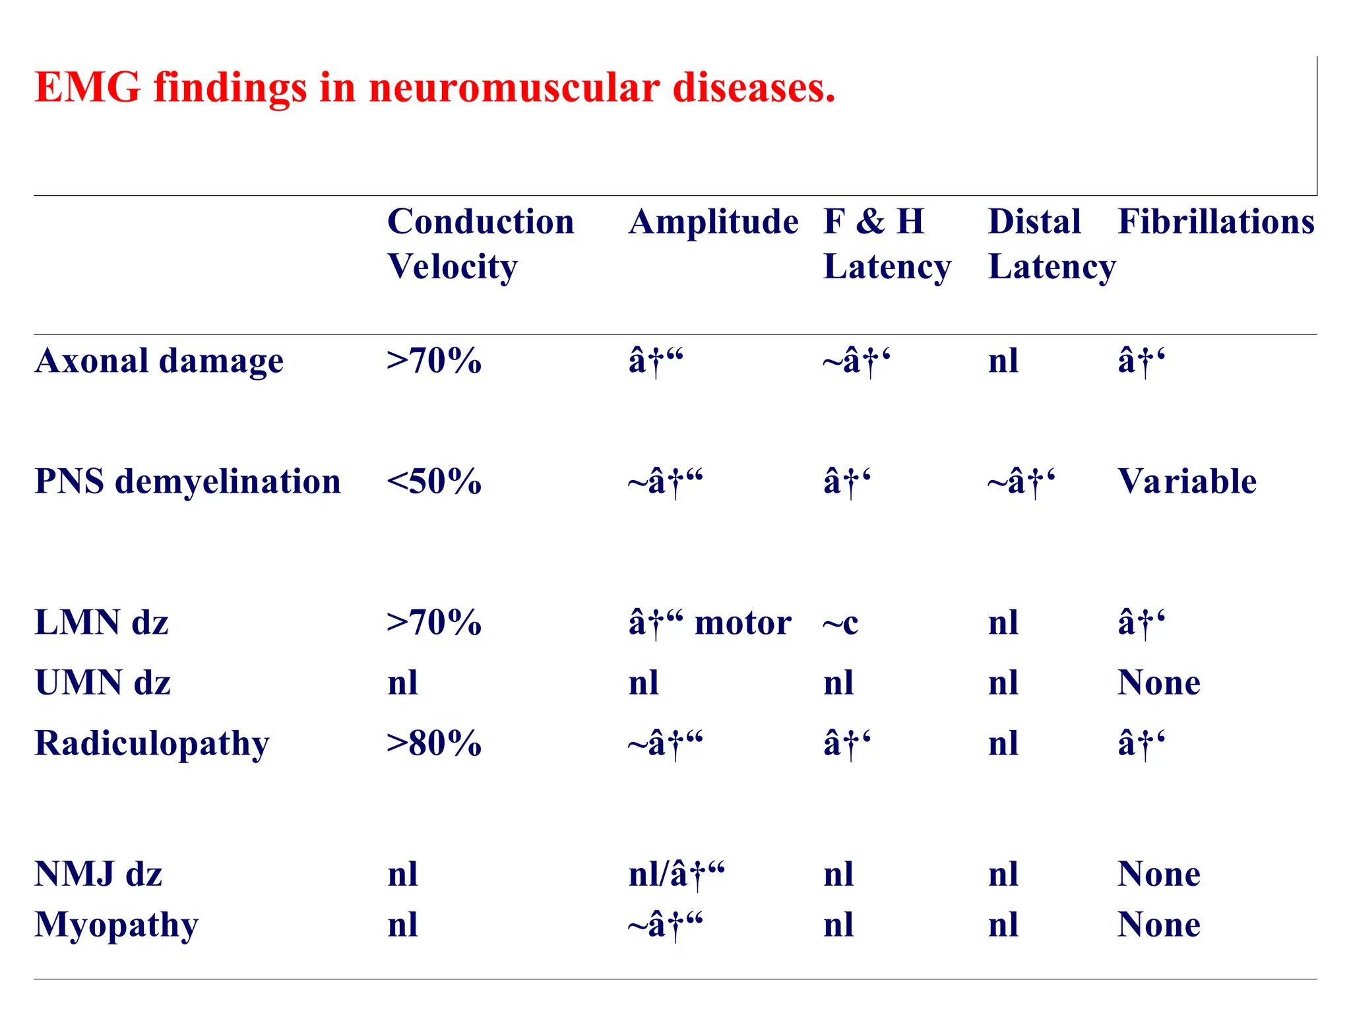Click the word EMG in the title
(x=87, y=87)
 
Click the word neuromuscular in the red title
(x=514, y=87)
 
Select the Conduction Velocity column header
(x=480, y=243)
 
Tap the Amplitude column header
(x=713, y=222)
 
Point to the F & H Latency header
(x=887, y=243)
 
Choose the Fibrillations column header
(x=1216, y=222)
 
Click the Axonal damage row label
(x=159, y=361)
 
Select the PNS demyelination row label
(x=187, y=481)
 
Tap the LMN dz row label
(x=102, y=623)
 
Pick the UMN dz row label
(x=103, y=683)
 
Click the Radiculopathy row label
(x=152, y=744)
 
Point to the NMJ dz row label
(x=98, y=875)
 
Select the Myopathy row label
(x=116, y=925)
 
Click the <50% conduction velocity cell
(x=434, y=481)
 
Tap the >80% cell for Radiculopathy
(x=434, y=743)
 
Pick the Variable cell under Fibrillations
(x=1187, y=481)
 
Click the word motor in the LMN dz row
(x=743, y=623)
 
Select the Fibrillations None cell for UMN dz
(x=1159, y=683)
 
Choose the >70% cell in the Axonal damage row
(x=434, y=361)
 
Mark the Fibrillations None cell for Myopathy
(x=1159, y=925)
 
